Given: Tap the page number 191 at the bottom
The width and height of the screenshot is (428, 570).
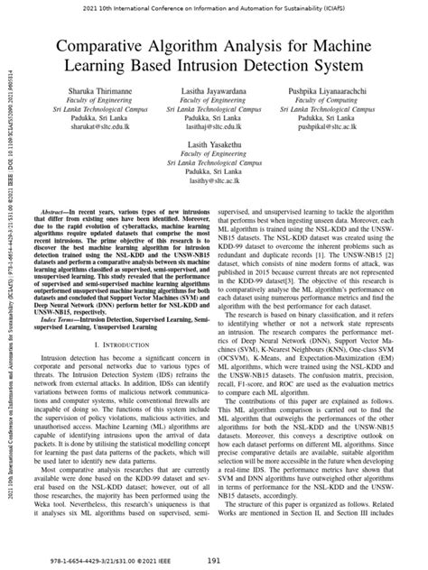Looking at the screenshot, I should [x=214, y=560].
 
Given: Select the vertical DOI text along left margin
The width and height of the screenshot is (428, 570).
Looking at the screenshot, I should [x=9, y=289].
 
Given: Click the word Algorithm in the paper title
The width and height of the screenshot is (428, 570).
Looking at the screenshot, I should [x=195, y=47].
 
